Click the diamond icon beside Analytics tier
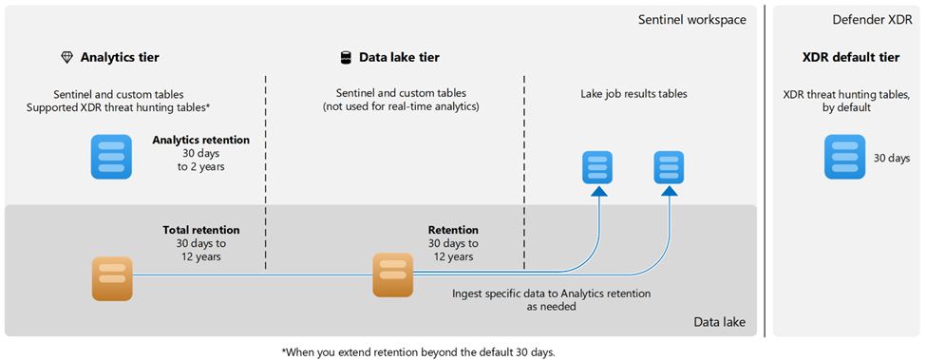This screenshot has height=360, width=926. click(x=66, y=57)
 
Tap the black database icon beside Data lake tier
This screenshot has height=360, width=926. click(x=346, y=57)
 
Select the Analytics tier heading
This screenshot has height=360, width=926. click(x=120, y=57)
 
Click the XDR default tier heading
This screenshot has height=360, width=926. click(x=850, y=57)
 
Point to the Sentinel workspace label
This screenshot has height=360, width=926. click(x=692, y=20)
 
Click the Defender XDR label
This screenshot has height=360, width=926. click(x=872, y=20)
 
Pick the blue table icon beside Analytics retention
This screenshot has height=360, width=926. click(x=111, y=157)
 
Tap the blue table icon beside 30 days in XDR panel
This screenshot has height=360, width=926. click(x=845, y=157)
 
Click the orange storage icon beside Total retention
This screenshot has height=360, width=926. click(x=112, y=278)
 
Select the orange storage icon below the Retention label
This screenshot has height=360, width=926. click(x=393, y=275)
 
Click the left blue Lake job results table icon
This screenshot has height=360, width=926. click(x=597, y=167)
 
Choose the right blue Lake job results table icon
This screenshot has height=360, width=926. click(x=669, y=167)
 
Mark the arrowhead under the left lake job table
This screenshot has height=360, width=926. click(x=599, y=190)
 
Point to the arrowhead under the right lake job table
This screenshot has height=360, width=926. click(x=670, y=190)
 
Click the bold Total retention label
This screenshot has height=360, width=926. click(x=201, y=230)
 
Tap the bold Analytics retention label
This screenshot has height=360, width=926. click(x=200, y=141)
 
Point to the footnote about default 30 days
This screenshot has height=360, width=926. click(x=419, y=352)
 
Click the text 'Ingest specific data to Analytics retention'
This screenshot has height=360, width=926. click(x=552, y=294)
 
